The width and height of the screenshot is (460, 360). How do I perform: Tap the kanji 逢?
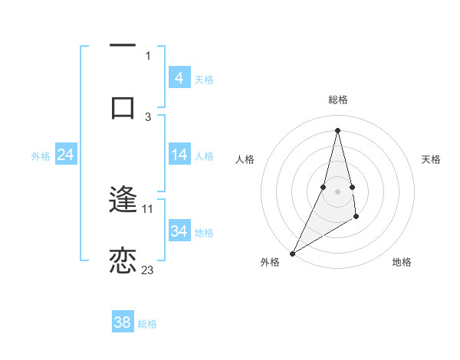(123, 201)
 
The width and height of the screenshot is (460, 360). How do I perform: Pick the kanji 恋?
(123, 261)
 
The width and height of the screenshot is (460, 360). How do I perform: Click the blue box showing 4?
(179, 78)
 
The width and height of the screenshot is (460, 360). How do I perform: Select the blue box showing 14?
(179, 155)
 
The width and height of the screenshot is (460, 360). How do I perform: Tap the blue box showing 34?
(179, 231)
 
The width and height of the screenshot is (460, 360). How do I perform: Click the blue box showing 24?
(65, 155)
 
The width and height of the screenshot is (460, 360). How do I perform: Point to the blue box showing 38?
(122, 322)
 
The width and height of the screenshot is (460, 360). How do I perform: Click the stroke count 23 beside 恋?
(147, 270)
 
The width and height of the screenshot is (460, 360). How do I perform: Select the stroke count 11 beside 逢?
(148, 208)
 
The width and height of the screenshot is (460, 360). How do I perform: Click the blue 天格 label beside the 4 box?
(204, 79)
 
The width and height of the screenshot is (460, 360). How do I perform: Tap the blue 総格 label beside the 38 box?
(147, 324)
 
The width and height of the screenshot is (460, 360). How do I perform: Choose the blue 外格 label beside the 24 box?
(41, 156)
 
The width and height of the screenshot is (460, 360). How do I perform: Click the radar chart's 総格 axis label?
(337, 100)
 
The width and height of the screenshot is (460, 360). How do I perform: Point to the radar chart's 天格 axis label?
(431, 159)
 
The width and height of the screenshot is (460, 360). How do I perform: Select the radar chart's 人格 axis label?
(245, 159)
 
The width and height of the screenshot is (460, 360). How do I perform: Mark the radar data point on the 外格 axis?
(292, 253)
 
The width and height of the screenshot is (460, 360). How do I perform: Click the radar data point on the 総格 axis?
(337, 130)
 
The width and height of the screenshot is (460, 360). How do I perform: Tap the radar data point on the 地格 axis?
(356, 218)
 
